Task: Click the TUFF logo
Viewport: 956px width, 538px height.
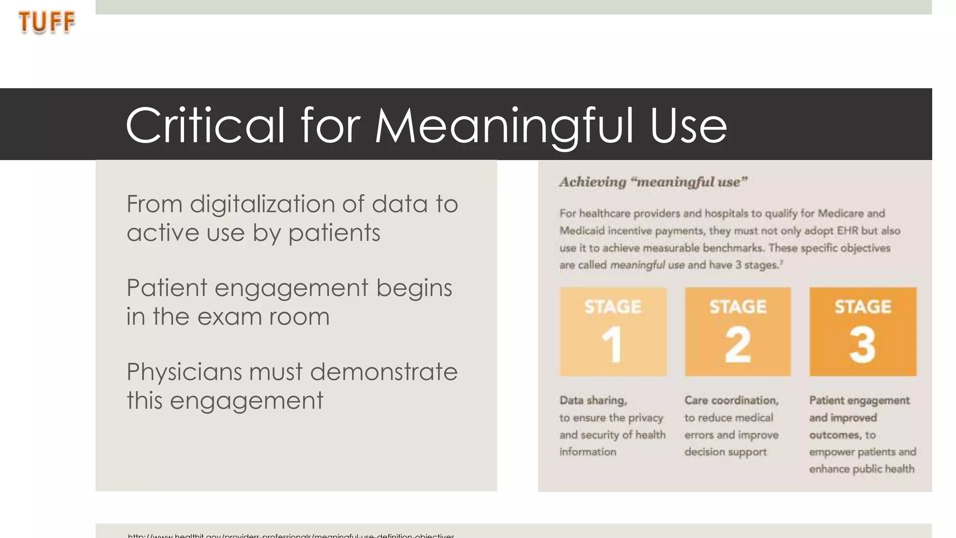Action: tap(47, 22)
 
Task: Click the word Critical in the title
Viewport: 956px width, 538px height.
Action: tap(205, 125)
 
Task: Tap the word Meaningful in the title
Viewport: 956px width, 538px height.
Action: tap(504, 125)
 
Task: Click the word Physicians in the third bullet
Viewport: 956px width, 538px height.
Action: tap(184, 372)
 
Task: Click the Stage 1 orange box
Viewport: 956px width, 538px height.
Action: tap(613, 332)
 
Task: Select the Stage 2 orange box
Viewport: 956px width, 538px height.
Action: tap(738, 332)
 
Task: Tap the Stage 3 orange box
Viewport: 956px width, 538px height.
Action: tap(863, 332)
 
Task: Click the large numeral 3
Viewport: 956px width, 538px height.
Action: tap(862, 345)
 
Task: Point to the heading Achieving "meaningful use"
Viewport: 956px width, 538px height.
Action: tap(653, 182)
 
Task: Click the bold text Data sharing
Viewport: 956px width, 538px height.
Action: tap(593, 400)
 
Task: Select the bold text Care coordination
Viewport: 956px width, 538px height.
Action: tap(731, 400)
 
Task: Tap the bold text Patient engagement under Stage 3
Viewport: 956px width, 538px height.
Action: tap(859, 400)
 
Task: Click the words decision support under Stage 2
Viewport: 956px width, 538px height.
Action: tap(725, 452)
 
